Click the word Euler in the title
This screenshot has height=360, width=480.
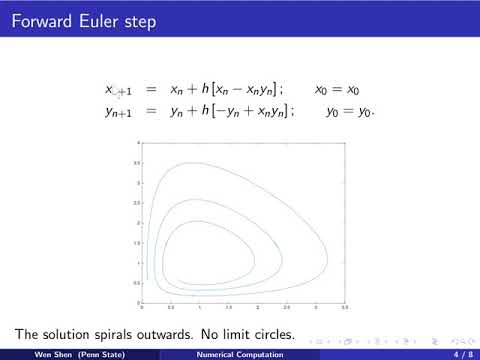point(99,21)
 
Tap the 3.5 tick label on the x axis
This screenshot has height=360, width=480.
point(345,307)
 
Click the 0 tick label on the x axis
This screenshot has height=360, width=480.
point(142,307)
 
